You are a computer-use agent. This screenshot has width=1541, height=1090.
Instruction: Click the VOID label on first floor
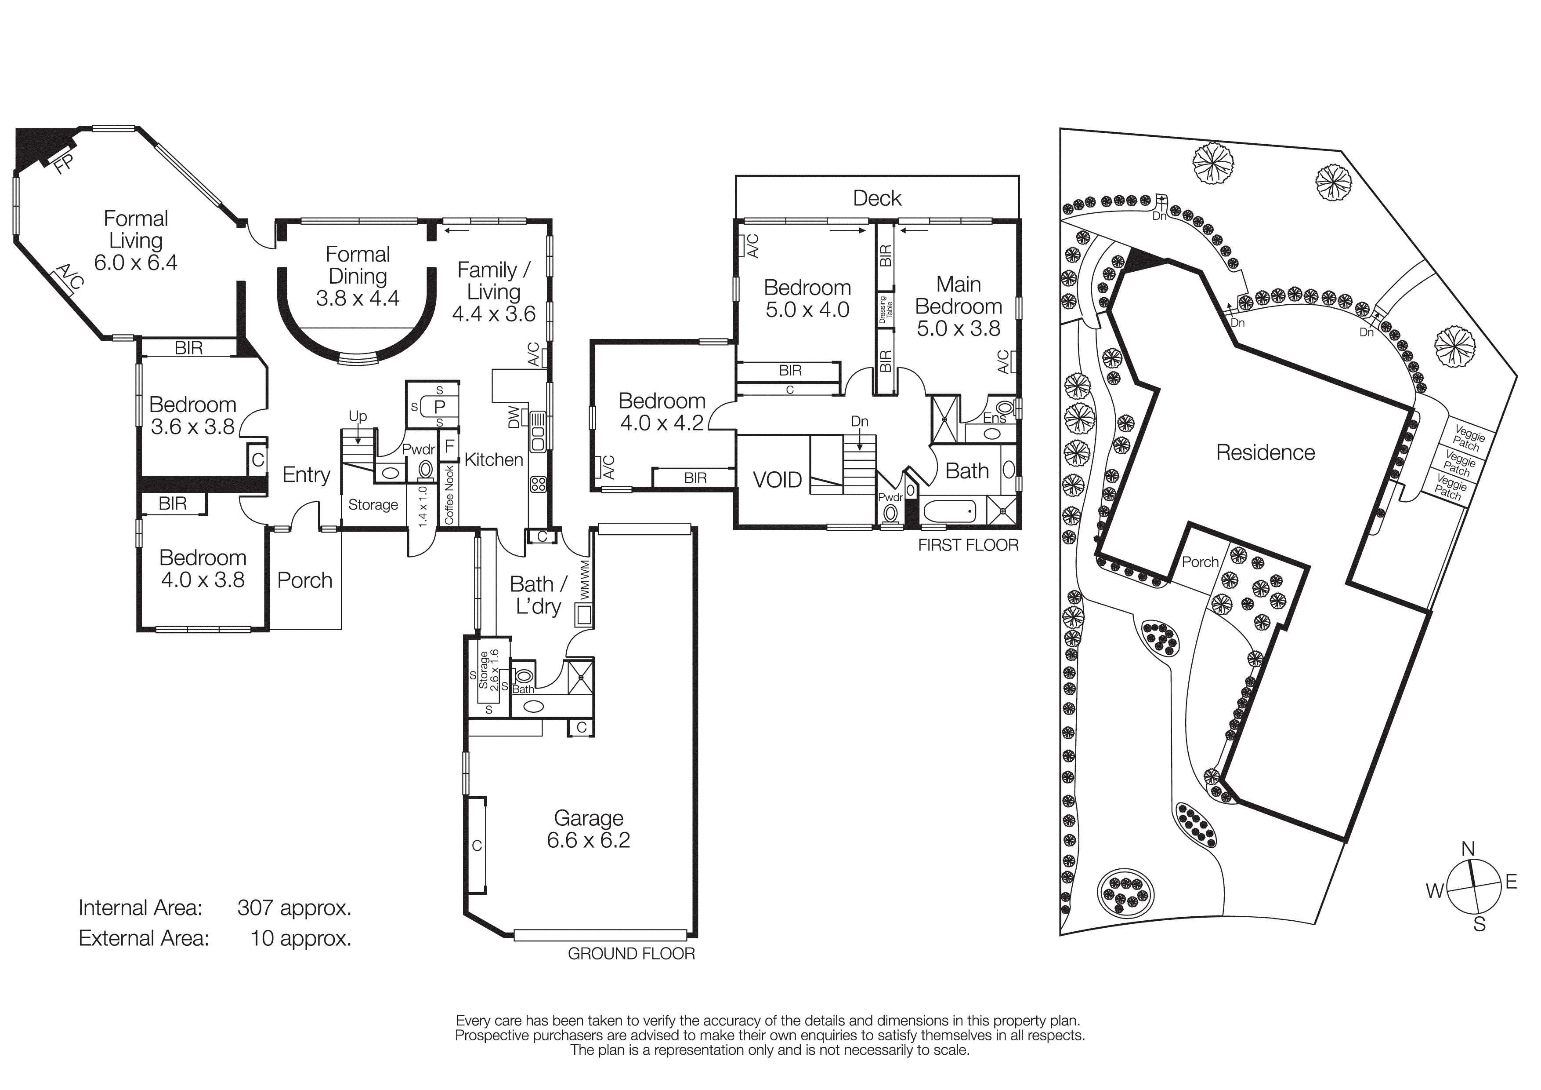[777, 480]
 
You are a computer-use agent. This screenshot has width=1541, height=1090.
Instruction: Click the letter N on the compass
[1468, 849]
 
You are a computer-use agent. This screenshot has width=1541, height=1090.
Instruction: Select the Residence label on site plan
[1265, 452]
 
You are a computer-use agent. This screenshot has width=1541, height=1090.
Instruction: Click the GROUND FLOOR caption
[631, 954]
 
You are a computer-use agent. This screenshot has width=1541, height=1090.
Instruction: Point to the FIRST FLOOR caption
[968, 545]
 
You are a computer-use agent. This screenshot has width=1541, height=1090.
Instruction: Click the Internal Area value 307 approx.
[294, 908]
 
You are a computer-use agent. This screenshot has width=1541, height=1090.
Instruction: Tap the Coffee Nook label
[449, 495]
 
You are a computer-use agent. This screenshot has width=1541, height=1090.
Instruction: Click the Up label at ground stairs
[358, 416]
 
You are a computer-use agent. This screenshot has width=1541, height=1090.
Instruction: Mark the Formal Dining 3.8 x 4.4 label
[357, 276]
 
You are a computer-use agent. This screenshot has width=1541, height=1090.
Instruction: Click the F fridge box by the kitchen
[449, 447]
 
